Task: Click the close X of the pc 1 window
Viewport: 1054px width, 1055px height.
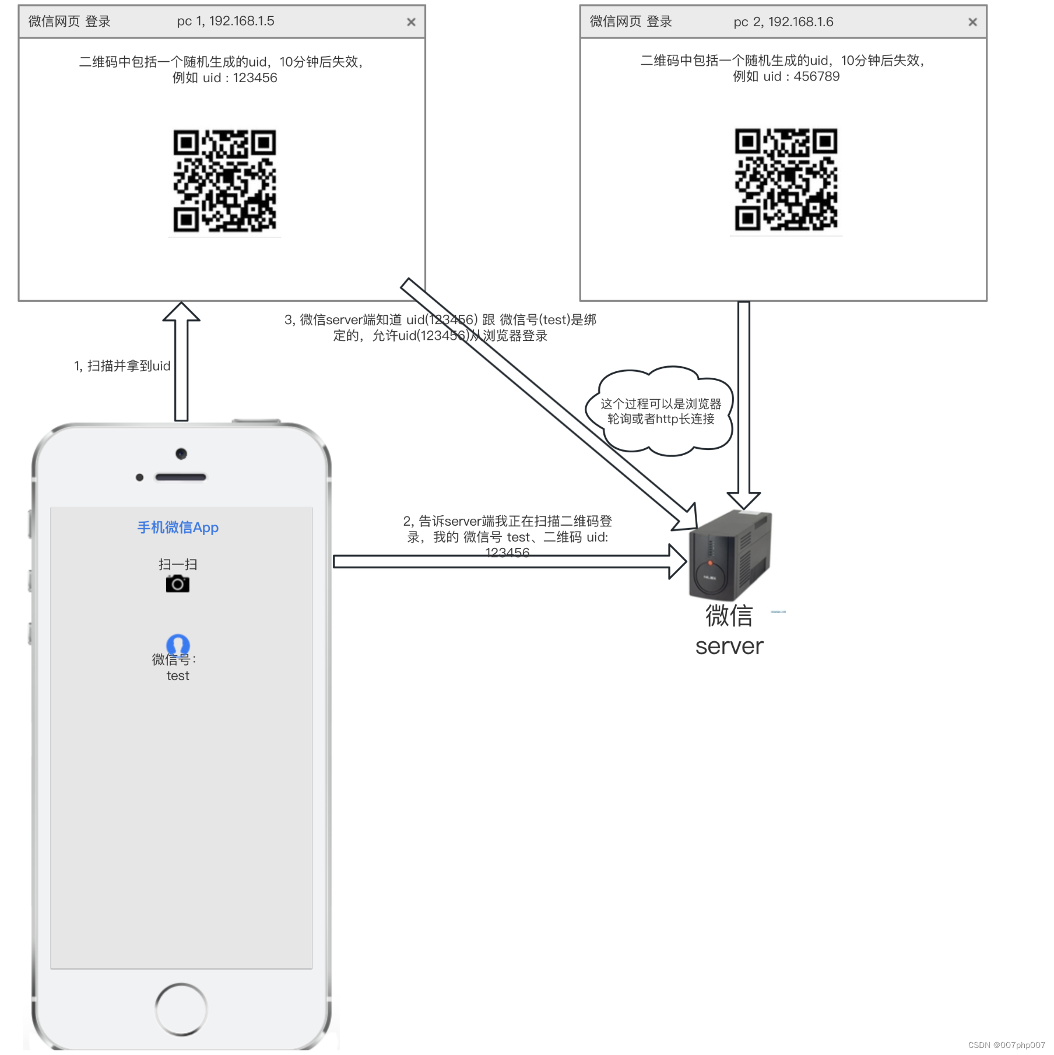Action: click(411, 22)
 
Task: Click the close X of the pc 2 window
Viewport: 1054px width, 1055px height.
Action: click(972, 22)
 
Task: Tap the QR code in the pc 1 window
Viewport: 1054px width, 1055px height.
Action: click(224, 181)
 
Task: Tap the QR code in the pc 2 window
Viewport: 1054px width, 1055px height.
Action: click(786, 180)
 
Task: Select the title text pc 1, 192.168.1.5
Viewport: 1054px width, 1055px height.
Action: click(226, 21)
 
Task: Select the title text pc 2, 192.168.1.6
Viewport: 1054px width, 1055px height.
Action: click(783, 22)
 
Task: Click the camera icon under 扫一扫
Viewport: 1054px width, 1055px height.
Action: click(178, 583)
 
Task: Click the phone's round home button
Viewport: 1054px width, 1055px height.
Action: click(181, 1009)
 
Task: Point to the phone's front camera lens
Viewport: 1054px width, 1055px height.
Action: click(181, 453)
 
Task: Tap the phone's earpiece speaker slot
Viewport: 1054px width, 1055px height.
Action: click(181, 477)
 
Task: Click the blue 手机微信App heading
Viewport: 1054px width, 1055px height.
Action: click(178, 527)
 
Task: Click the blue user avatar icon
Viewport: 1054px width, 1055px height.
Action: click(178, 644)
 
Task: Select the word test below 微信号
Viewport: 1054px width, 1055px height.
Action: click(178, 676)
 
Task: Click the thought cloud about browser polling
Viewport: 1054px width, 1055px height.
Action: click(660, 411)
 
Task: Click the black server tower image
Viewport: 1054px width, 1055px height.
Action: click(730, 555)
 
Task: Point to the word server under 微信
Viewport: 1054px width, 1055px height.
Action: click(729, 646)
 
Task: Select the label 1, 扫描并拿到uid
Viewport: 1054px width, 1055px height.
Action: click(122, 366)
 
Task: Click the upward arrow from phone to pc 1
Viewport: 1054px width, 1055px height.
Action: click(181, 361)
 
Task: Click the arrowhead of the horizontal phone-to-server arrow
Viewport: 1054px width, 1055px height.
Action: click(678, 562)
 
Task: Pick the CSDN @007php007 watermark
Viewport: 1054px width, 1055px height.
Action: click(1006, 1045)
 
